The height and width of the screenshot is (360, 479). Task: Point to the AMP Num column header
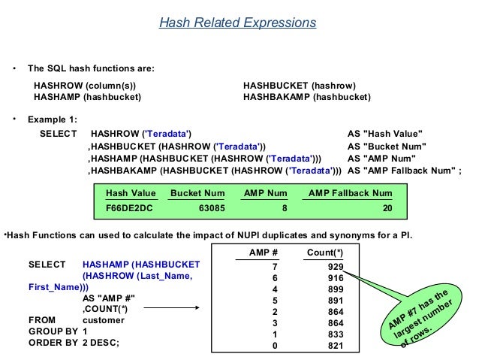(266, 193)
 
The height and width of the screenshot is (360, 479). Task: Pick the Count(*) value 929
(336, 267)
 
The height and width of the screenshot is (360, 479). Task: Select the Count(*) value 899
(336, 289)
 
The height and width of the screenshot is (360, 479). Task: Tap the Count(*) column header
(325, 251)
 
